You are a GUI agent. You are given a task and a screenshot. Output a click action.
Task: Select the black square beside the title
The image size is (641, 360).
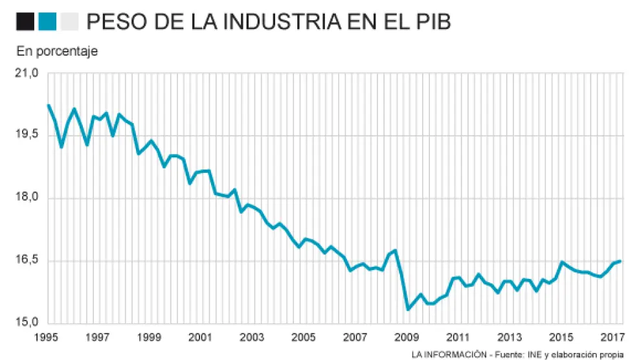(26, 23)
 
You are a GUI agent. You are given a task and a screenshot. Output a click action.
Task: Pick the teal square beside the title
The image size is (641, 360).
(47, 23)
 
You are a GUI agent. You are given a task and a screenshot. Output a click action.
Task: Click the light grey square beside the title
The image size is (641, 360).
(68, 23)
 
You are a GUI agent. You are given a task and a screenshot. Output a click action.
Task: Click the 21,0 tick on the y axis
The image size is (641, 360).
(27, 73)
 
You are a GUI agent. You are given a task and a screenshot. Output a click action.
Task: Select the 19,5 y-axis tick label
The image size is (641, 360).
(27, 135)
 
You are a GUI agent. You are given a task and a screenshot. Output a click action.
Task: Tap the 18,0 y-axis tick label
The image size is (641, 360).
(27, 197)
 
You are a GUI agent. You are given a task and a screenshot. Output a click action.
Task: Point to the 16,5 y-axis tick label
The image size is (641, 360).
(27, 260)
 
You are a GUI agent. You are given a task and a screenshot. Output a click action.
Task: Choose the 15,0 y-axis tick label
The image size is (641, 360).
(27, 322)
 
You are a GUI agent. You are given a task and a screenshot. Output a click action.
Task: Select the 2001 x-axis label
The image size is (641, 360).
(200, 337)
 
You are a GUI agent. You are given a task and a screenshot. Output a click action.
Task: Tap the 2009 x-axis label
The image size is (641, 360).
(407, 337)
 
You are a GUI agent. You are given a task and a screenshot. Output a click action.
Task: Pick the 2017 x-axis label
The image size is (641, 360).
(613, 337)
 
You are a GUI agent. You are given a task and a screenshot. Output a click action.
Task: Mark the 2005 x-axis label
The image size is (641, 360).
(303, 337)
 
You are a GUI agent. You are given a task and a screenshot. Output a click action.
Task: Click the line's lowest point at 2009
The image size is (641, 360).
(408, 309)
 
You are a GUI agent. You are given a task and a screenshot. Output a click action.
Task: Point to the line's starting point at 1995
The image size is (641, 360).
(49, 105)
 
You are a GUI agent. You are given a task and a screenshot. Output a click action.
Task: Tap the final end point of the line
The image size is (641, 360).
(620, 261)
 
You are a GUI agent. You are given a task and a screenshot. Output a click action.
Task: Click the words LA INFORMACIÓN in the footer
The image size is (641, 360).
(448, 354)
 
